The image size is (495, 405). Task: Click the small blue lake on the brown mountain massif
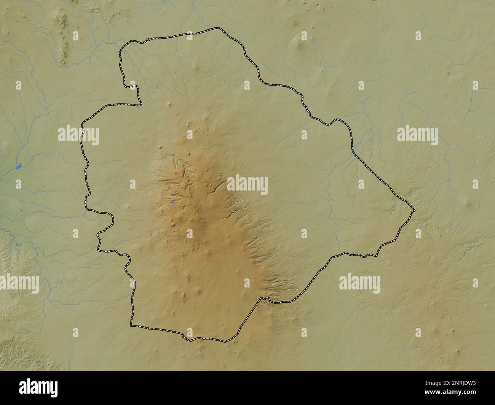pyautogui.click(x=173, y=203)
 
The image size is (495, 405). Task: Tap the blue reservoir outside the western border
pyautogui.click(x=19, y=166)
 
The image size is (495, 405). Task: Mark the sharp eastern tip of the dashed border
pyautogui.click(x=414, y=210)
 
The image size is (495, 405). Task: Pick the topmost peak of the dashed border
pyautogui.click(x=218, y=28)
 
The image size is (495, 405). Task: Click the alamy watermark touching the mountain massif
pyautogui.click(x=247, y=185)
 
